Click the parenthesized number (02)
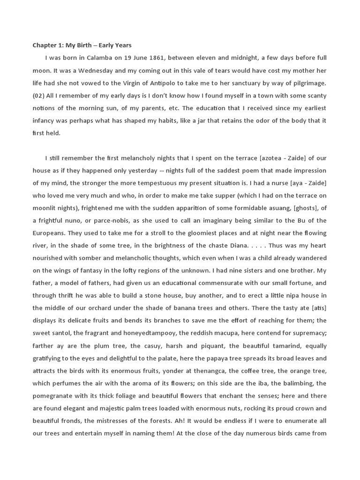tap(39, 96)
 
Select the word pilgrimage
tap(307, 83)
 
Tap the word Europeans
tap(51, 233)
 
